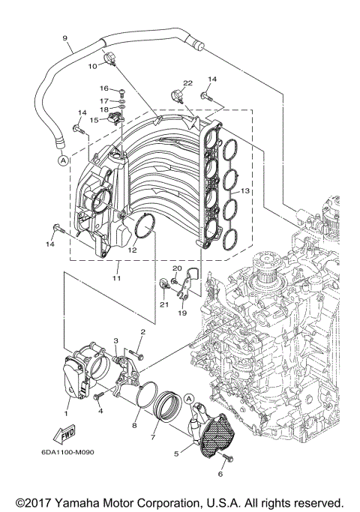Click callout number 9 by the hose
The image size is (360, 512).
65,38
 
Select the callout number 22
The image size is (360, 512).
188,82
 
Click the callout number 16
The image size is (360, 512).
104,88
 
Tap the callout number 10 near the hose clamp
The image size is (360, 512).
94,67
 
